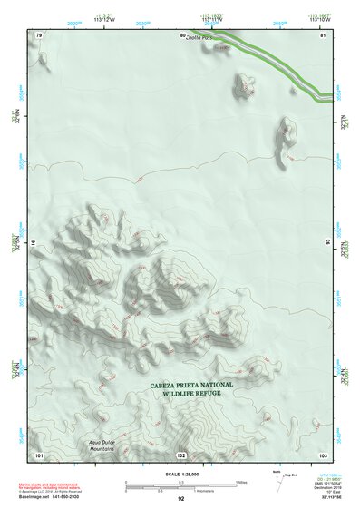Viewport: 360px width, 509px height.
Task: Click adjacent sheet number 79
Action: [38, 34]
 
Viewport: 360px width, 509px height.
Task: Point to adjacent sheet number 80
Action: [182, 34]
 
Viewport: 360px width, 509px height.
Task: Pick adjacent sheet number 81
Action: [322, 34]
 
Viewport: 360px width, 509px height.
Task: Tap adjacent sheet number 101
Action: [38, 455]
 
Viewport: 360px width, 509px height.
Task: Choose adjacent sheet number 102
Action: [180, 455]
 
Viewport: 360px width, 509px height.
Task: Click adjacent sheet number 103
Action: [322, 455]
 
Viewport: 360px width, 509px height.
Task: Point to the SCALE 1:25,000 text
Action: [180, 474]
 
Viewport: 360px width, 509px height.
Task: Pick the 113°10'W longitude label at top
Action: [320, 19]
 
